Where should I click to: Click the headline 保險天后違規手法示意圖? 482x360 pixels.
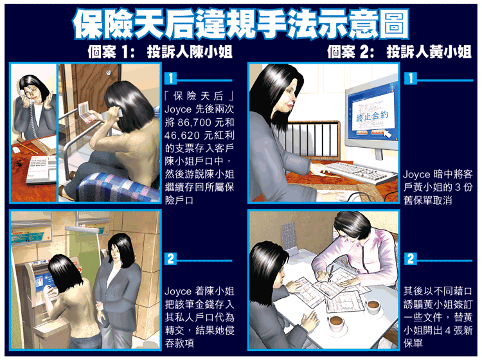tap(241, 24)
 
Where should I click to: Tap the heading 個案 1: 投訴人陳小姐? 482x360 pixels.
tap(159, 51)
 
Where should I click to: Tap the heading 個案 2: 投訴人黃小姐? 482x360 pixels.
tap(399, 51)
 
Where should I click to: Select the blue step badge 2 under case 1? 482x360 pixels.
tap(170, 258)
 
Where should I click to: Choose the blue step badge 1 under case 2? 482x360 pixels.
tap(411, 78)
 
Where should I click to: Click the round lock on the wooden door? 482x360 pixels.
tap(108, 73)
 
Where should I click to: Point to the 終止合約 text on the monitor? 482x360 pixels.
tap(372, 116)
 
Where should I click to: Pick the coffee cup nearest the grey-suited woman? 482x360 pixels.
tap(336, 322)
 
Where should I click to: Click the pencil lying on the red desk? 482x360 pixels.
tap(28, 148)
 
